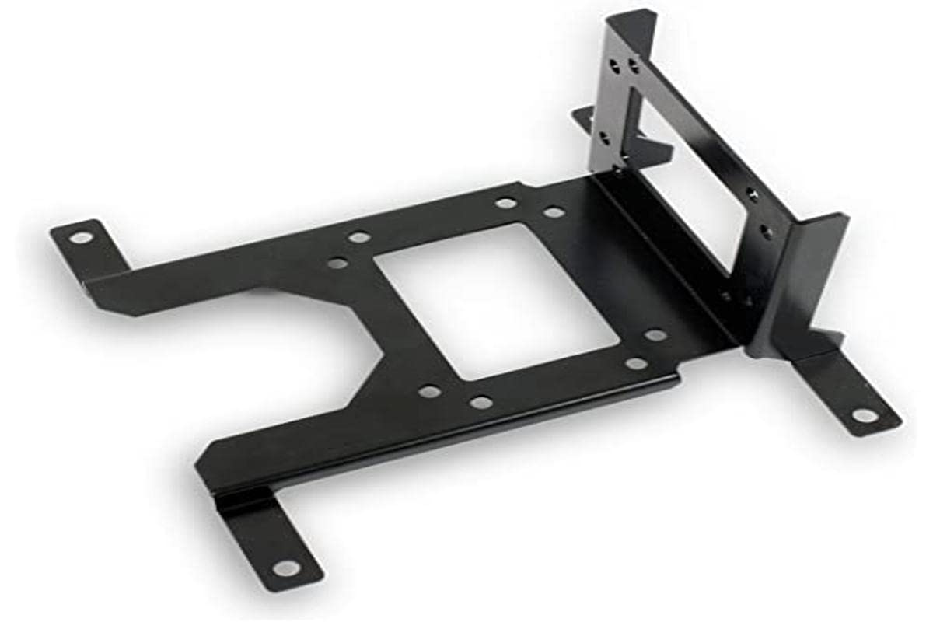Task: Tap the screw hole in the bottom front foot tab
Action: point(285,568)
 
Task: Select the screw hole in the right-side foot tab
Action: point(865,415)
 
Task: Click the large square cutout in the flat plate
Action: point(498,299)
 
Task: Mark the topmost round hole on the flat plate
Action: point(506,203)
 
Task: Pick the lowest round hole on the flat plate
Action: point(481,402)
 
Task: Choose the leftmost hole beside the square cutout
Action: point(337,263)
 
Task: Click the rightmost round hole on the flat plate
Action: point(655,335)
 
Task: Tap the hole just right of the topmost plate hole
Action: point(554,211)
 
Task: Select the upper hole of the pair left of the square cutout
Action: point(358,237)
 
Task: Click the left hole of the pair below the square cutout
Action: point(428,391)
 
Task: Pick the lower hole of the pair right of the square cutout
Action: point(637,363)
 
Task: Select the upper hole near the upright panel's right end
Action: point(752,195)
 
